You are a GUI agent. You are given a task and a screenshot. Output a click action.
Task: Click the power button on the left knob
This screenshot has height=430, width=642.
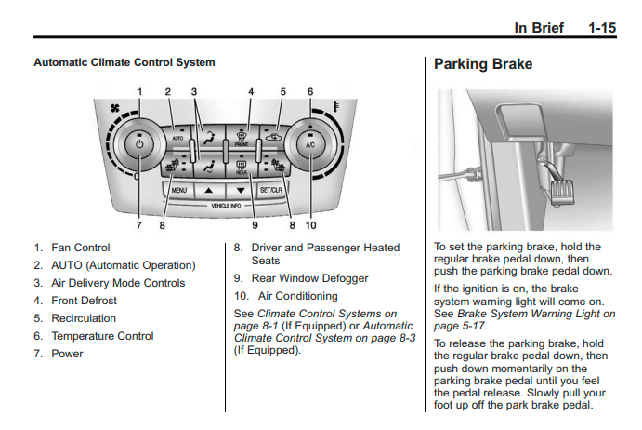[x=138, y=145]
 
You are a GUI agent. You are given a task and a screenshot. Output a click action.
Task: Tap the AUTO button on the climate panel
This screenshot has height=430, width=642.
[x=177, y=138]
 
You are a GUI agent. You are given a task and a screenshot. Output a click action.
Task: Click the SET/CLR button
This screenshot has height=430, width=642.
[x=271, y=189]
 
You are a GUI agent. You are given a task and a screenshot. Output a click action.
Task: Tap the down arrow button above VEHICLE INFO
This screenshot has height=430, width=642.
[x=240, y=189]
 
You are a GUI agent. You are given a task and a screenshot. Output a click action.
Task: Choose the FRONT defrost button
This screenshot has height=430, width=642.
[x=240, y=137]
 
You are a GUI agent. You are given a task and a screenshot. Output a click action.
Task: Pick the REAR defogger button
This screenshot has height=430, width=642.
[x=240, y=168]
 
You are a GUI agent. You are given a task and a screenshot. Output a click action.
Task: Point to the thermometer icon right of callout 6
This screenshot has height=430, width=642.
[x=336, y=113]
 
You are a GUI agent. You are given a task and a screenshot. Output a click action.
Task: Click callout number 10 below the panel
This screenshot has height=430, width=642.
[x=309, y=224]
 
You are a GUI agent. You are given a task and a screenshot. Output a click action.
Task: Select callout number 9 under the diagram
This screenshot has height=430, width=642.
[x=253, y=224]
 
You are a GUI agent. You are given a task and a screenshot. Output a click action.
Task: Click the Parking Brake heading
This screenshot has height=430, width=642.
[x=483, y=65]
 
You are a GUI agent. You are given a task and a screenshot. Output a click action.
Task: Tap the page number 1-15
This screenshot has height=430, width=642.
[x=602, y=28]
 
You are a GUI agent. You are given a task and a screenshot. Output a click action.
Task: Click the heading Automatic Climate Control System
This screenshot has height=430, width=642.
[x=124, y=62]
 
